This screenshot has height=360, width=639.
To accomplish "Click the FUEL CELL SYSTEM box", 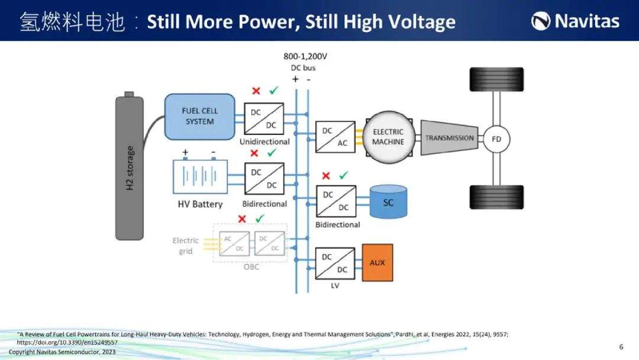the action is pyautogui.click(x=200, y=117).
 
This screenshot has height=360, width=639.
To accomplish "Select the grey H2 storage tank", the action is pyautogui.click(x=130, y=166).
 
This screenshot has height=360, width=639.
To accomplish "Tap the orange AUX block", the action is pyautogui.click(x=377, y=262).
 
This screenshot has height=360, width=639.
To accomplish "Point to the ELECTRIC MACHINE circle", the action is pyautogui.click(x=388, y=137).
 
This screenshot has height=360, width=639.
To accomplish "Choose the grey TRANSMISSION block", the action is pyautogui.click(x=449, y=138).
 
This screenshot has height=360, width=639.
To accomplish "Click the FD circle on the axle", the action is pyautogui.click(x=496, y=139).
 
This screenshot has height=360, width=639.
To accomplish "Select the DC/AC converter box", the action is pyautogui.click(x=335, y=137).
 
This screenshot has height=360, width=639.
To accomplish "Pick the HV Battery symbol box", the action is pyautogui.click(x=200, y=176).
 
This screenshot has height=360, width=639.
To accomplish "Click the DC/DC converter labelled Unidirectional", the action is pyautogui.click(x=264, y=118).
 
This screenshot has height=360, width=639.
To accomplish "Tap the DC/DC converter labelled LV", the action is pyautogui.click(x=335, y=263).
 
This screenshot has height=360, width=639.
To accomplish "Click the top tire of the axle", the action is pyautogui.click(x=496, y=79).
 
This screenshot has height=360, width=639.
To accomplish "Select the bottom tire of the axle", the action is pyautogui.click(x=496, y=197).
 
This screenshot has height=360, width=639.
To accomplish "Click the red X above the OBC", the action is pyautogui.click(x=242, y=219).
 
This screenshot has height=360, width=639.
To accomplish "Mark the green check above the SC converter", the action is pyautogui.click(x=344, y=175).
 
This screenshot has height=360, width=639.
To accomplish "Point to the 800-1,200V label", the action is pyautogui.click(x=305, y=56).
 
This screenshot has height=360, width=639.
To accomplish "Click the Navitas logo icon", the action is pyautogui.click(x=540, y=21).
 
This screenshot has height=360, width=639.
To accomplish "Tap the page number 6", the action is pyautogui.click(x=621, y=347).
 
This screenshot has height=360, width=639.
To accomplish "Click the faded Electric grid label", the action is pyautogui.click(x=185, y=246).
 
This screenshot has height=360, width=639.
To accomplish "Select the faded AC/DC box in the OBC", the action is pyautogui.click(x=234, y=244).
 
